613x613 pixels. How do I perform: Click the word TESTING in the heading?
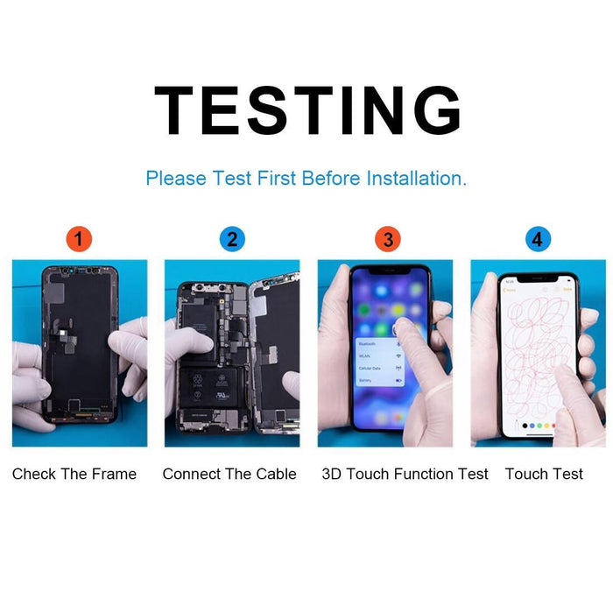[307, 110]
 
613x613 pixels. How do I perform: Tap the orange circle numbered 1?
[80, 239]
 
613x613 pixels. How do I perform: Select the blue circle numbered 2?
[232, 239]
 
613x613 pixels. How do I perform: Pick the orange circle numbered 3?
[385, 239]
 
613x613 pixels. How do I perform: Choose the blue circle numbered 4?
[538, 239]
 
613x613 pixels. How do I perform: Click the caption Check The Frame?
[74, 474]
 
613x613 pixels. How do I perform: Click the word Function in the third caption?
[418, 474]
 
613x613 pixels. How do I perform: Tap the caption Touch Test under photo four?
[544, 474]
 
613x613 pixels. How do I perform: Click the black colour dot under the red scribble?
[525, 426]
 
